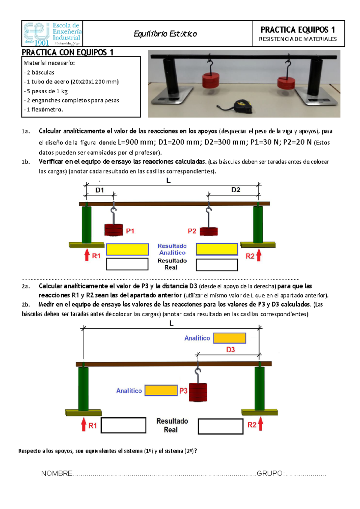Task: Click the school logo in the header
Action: [52, 34]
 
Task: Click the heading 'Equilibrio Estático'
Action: [165, 34]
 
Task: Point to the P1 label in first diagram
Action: [130, 231]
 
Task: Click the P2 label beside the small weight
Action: [192, 231]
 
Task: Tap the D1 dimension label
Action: [100, 190]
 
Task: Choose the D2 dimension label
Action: [236, 190]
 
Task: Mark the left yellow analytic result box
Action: [127, 249]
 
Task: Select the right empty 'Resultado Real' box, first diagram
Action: [217, 265]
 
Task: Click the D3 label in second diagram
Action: [230, 350]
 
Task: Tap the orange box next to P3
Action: [161, 390]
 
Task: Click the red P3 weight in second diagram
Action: [198, 392]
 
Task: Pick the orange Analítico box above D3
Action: [229, 338]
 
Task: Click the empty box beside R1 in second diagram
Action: [123, 425]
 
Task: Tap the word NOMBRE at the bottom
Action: [57, 474]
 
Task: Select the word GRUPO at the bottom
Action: [270, 474]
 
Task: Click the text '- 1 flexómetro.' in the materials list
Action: [43, 110]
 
